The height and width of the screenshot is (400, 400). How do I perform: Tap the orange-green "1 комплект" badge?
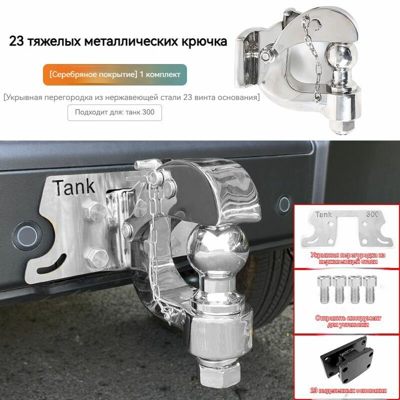pyautogui.click(x=114, y=74)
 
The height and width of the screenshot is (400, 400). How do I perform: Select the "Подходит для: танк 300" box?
pyautogui.click(x=114, y=112)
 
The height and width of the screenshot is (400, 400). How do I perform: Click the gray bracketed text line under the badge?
pyautogui.click(x=131, y=97)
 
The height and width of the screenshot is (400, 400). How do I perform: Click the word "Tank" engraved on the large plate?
pyautogui.click(x=74, y=187)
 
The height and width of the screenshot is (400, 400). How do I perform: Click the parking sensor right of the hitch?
pyautogui.click(x=284, y=203)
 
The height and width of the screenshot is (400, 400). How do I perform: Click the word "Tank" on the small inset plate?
pyautogui.click(x=323, y=215)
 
